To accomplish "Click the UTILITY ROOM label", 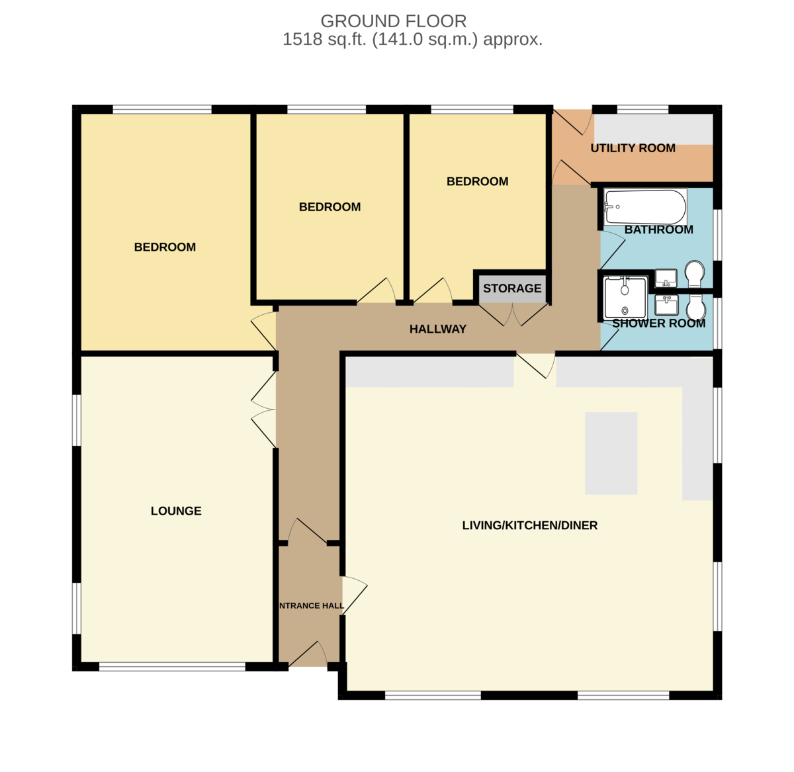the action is (x=633, y=148).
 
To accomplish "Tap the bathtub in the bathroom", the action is (x=645, y=207).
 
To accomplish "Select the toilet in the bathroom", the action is (x=694, y=274).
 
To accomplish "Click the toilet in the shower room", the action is (x=696, y=307).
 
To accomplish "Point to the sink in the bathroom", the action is (x=666, y=279).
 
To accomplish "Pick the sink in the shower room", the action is (x=666, y=305).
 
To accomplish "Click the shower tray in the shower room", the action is (x=625, y=298).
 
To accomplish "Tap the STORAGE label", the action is (x=512, y=288).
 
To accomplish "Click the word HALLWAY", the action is (x=438, y=329).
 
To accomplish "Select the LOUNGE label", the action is (x=176, y=511).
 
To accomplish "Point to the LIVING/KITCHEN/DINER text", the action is (x=529, y=525).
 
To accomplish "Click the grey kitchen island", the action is (x=611, y=453).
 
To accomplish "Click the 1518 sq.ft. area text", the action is (x=412, y=39).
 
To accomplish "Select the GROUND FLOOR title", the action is (x=393, y=21).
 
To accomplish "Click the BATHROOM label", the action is (x=658, y=230).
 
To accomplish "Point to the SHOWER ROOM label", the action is (x=658, y=323).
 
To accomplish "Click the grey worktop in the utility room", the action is (x=653, y=129).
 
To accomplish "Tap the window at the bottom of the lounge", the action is (x=172, y=667).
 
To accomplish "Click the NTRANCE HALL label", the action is (x=312, y=606).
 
